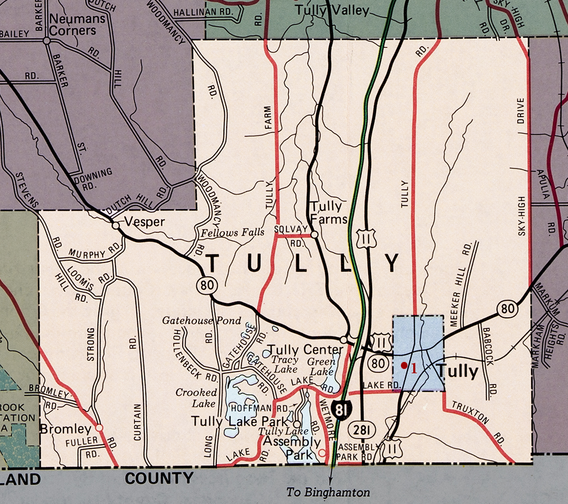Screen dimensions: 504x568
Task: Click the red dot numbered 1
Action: [x=404, y=365]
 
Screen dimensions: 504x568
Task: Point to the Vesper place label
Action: [x=145, y=222]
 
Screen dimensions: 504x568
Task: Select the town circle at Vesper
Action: [x=115, y=225]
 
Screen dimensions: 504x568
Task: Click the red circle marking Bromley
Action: [x=99, y=427]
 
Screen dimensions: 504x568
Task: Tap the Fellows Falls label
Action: [x=232, y=233]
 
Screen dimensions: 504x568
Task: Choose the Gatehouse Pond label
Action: [x=202, y=321]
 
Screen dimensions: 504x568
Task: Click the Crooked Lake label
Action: [x=196, y=398]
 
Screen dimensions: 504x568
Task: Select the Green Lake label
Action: [x=322, y=366]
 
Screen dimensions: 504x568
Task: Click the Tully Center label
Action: [x=305, y=350]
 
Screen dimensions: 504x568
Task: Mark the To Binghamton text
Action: [x=328, y=492]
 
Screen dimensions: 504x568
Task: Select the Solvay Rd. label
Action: [x=292, y=235]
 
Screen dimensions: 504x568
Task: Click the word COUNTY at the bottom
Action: [x=159, y=478]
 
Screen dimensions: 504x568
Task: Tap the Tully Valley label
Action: [x=331, y=10]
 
